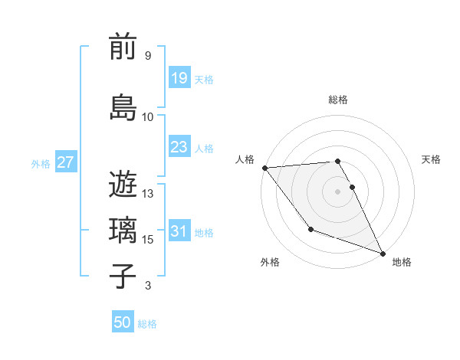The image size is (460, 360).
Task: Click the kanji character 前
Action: [x=123, y=48]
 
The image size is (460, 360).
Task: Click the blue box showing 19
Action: [x=179, y=78]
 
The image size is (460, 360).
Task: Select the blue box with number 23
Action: [x=179, y=147]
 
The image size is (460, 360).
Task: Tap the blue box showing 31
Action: [x=179, y=231]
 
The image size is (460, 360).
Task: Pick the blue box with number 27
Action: [x=65, y=162]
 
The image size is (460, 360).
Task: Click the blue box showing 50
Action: [x=123, y=322]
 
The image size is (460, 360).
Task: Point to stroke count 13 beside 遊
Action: [x=149, y=194]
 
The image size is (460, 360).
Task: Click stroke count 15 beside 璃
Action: [x=149, y=240]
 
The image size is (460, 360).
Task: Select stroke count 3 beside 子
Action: [x=148, y=286]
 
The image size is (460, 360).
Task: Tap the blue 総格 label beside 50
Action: [x=147, y=324]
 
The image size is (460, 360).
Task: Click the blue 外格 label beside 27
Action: [x=40, y=164]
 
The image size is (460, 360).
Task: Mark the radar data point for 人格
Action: [x=264, y=168]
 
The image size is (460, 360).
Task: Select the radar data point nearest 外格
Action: [x=310, y=229]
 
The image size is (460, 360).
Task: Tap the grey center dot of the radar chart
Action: [x=337, y=191]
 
